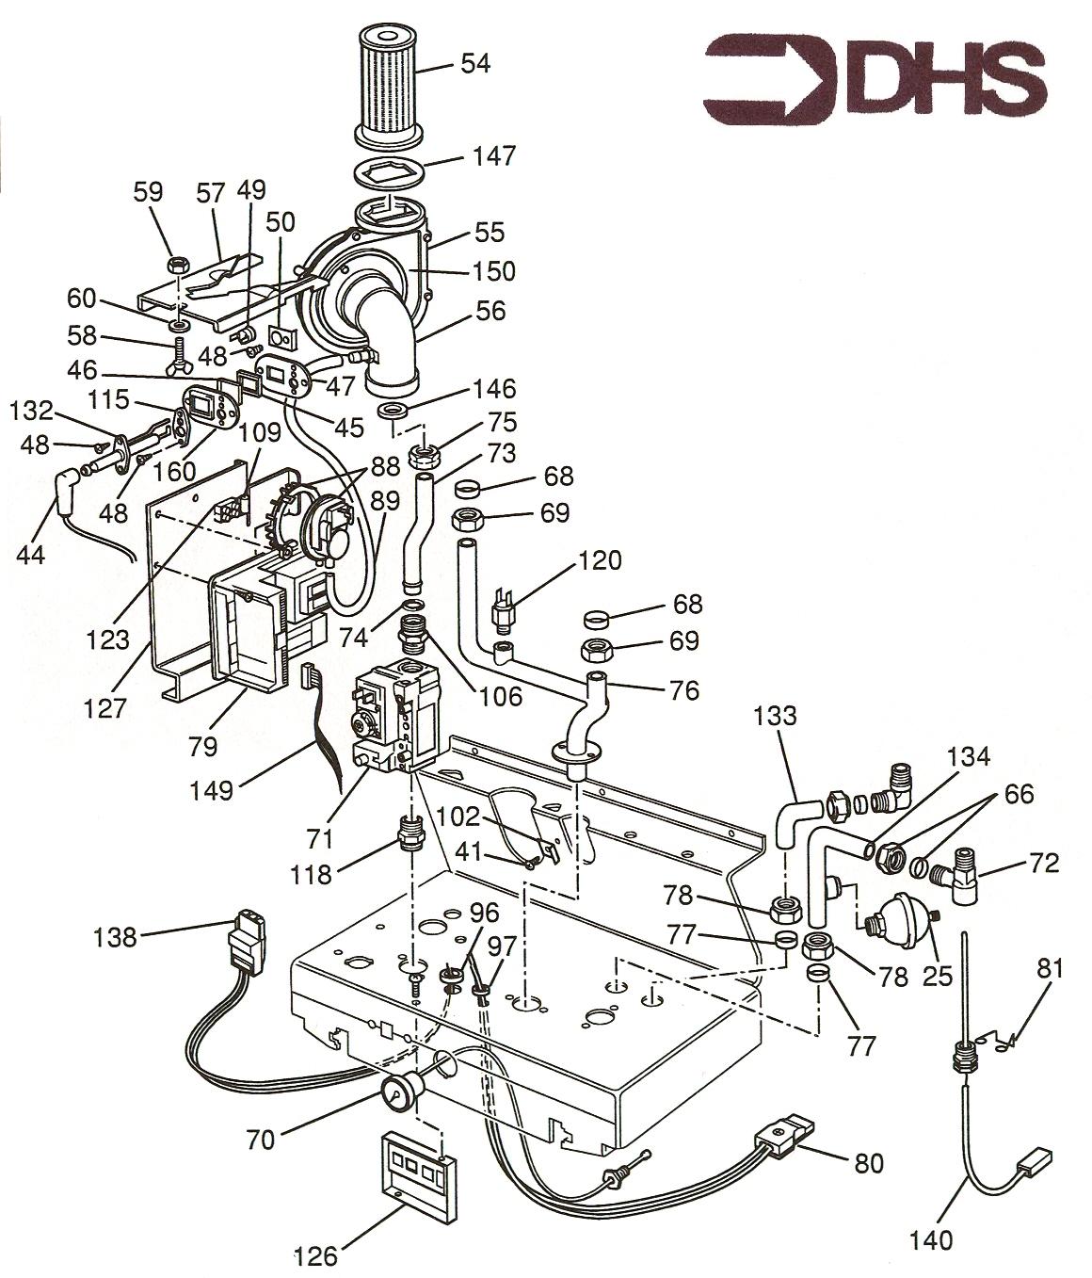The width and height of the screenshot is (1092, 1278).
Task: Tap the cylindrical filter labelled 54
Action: click(x=389, y=86)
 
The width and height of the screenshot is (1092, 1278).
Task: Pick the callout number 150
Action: click(x=493, y=271)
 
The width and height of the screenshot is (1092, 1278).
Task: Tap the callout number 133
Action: click(x=775, y=716)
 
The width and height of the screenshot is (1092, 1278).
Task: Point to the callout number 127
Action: click(x=105, y=708)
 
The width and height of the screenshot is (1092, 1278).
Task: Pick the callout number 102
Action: click(x=457, y=817)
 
